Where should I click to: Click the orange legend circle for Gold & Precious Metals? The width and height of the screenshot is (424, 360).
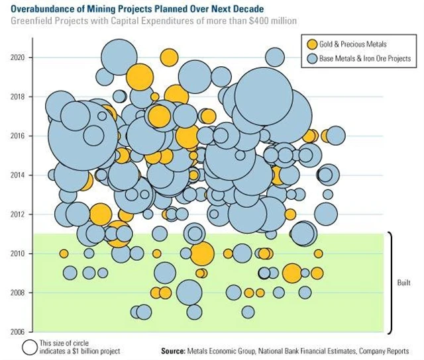(312, 44)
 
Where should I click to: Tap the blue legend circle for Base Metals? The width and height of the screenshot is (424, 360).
(312, 59)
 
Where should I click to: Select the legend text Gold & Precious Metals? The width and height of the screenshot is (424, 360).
(353, 44)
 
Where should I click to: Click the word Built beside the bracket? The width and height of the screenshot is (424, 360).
(404, 283)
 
